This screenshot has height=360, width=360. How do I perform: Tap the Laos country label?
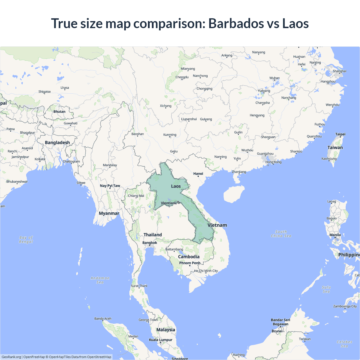(x=176, y=186)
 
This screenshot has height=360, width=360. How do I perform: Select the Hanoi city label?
(x=198, y=174)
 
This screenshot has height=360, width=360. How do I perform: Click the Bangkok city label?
(x=150, y=243)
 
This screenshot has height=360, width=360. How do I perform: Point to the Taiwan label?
(x=335, y=147)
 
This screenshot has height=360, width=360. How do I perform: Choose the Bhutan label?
(x=59, y=112)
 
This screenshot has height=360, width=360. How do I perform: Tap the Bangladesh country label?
(x=57, y=143)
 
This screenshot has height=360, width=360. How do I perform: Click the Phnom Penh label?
(x=190, y=263)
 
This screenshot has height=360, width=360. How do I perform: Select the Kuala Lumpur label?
(x=161, y=340)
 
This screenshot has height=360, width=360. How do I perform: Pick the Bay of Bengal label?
(x=26, y=240)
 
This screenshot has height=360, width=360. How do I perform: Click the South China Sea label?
(x=281, y=234)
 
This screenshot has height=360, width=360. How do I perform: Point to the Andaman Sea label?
(x=100, y=280)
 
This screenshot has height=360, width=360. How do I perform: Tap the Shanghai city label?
(x=339, y=71)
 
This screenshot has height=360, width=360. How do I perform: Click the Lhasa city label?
(x=65, y=88)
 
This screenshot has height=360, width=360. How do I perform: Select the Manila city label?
(x=335, y=235)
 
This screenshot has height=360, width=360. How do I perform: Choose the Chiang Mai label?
(x=136, y=196)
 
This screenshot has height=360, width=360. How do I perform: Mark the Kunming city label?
(x=170, y=135)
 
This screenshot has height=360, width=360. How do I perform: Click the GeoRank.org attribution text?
(x=11, y=357)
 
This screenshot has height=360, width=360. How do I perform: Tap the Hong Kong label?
(x=273, y=162)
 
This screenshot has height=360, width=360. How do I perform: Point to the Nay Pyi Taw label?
(x=110, y=186)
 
